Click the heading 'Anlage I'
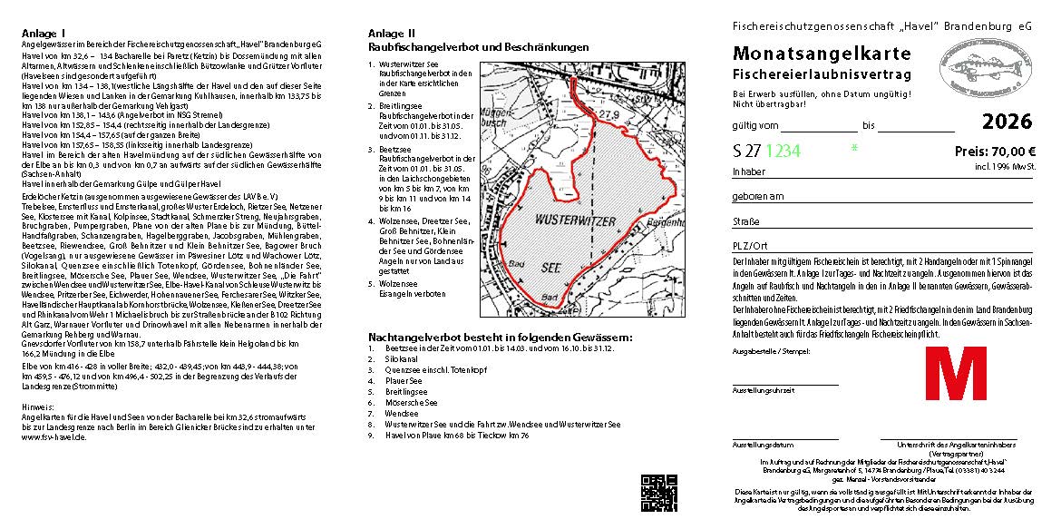(43, 33)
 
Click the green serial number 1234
(784, 152)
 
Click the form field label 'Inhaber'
(749, 171)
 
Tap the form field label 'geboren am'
(758, 196)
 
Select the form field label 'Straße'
(746, 220)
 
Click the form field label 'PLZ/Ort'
(750, 246)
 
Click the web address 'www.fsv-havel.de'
(54, 436)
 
